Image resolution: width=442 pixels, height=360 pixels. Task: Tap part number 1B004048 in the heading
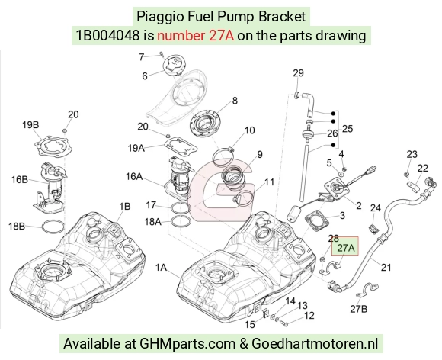[107, 36]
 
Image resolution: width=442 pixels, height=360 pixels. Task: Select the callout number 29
[298, 73]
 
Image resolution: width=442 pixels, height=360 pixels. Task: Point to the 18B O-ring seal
[53, 227]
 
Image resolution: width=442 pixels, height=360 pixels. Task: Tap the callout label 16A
[134, 177]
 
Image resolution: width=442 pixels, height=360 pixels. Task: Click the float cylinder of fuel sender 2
[294, 214]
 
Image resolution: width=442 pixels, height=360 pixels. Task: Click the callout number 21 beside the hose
[386, 267]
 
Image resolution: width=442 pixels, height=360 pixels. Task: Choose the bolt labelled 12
[283, 323]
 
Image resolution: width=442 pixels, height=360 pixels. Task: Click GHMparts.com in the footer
[187, 344]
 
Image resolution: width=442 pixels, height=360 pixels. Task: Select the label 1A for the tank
[162, 268]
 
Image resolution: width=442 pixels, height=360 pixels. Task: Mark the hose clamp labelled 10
[223, 155]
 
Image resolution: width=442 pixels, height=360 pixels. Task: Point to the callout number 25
[348, 129]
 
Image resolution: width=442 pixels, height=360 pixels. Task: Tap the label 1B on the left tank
[124, 207]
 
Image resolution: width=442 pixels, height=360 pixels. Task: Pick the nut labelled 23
[407, 174]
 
